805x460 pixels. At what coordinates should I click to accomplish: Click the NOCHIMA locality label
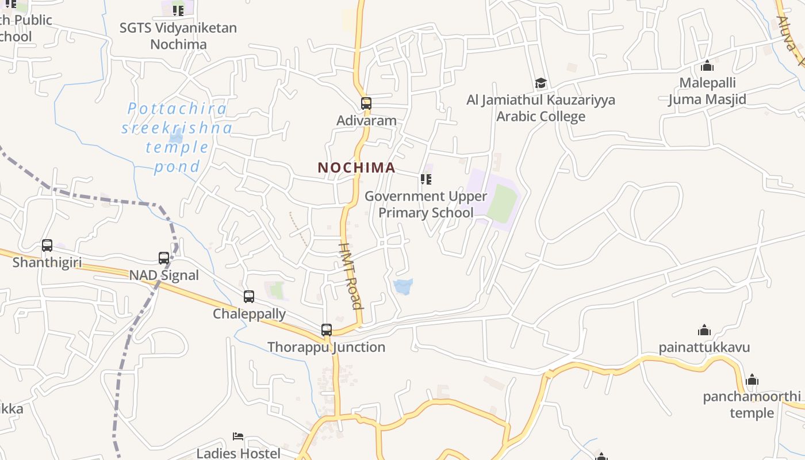[356, 167]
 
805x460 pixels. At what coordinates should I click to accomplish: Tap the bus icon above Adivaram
[366, 103]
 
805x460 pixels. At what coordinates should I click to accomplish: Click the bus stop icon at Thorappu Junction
[327, 330]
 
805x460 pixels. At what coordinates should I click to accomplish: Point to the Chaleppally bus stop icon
[249, 297]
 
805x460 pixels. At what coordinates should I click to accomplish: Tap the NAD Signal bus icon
[164, 258]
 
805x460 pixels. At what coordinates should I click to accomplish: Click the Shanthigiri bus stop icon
[47, 246]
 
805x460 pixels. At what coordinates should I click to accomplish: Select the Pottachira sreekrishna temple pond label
[177, 137]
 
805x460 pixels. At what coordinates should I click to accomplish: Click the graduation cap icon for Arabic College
[540, 83]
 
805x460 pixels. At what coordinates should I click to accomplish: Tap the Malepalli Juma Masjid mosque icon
[707, 66]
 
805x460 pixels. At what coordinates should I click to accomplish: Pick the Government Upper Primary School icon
[426, 179]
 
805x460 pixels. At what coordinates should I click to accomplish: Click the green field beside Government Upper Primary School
[501, 204]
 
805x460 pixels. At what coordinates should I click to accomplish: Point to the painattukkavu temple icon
[704, 330]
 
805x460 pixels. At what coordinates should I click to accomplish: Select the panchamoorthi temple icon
[752, 380]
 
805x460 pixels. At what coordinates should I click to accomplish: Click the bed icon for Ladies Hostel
[238, 436]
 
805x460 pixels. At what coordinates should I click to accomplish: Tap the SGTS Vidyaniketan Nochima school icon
[178, 10]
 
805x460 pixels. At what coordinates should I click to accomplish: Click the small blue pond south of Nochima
[403, 286]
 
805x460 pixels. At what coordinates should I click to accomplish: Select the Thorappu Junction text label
[327, 347]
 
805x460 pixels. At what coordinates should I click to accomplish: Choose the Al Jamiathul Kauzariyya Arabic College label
[540, 108]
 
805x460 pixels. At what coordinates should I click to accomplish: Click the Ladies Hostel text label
[239, 453]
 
